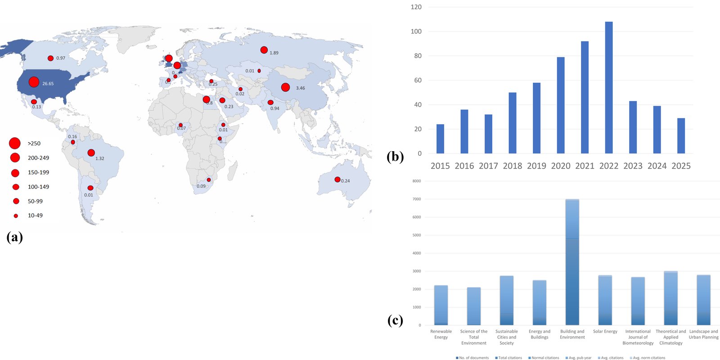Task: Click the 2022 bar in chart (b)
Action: click(x=608, y=88)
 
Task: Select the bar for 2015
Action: click(x=440, y=139)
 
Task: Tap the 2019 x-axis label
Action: click(x=536, y=166)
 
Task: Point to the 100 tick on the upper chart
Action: click(x=416, y=31)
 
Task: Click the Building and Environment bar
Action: click(x=572, y=262)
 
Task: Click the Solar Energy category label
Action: click(x=605, y=332)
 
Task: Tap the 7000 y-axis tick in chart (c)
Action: click(x=417, y=199)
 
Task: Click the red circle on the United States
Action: click(x=34, y=82)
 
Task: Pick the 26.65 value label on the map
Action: click(x=48, y=84)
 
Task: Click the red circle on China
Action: click(x=285, y=87)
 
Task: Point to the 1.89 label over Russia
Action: click(x=274, y=53)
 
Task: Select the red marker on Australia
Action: click(x=337, y=180)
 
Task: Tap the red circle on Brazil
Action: click(x=91, y=153)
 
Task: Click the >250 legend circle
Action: click(x=15, y=143)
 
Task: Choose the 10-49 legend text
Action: click(x=35, y=216)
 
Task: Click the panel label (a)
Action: click(x=14, y=237)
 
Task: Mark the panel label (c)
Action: click(x=395, y=320)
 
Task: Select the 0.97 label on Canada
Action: click(x=61, y=58)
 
